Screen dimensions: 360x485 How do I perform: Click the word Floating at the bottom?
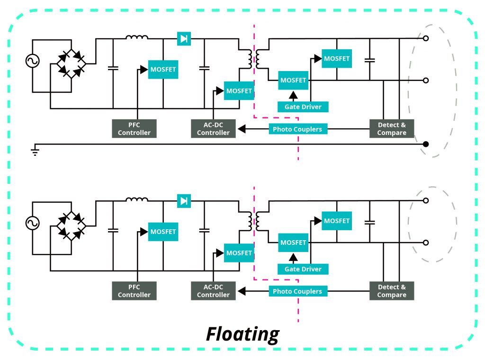pyautogui.click(x=242, y=334)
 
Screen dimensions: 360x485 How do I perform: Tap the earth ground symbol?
pyautogui.click(x=35, y=151)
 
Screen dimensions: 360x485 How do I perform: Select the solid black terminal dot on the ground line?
pyautogui.click(x=426, y=144)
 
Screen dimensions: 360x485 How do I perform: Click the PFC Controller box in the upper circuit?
pyautogui.click(x=134, y=129)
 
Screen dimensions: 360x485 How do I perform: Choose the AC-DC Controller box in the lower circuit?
pyautogui.click(x=213, y=291)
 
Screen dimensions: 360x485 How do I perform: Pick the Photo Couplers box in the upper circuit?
pyautogui.click(x=297, y=129)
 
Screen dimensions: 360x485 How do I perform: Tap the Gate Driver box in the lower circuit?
pyautogui.click(x=303, y=269)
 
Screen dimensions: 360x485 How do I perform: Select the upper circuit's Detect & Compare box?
pyautogui.click(x=392, y=129)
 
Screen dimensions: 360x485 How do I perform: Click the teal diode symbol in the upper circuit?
pyautogui.click(x=184, y=39)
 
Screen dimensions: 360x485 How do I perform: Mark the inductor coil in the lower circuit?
pyautogui.click(x=137, y=200)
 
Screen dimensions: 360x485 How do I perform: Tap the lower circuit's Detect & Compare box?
pyautogui.click(x=392, y=291)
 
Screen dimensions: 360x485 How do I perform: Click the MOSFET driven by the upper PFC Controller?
pyautogui.click(x=163, y=70)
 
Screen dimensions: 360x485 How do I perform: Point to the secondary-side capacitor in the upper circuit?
pyautogui.click(x=370, y=60)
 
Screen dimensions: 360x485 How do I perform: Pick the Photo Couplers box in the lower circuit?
pyautogui.click(x=297, y=291)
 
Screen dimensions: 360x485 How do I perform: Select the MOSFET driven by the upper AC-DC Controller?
pyautogui.click(x=239, y=90)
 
